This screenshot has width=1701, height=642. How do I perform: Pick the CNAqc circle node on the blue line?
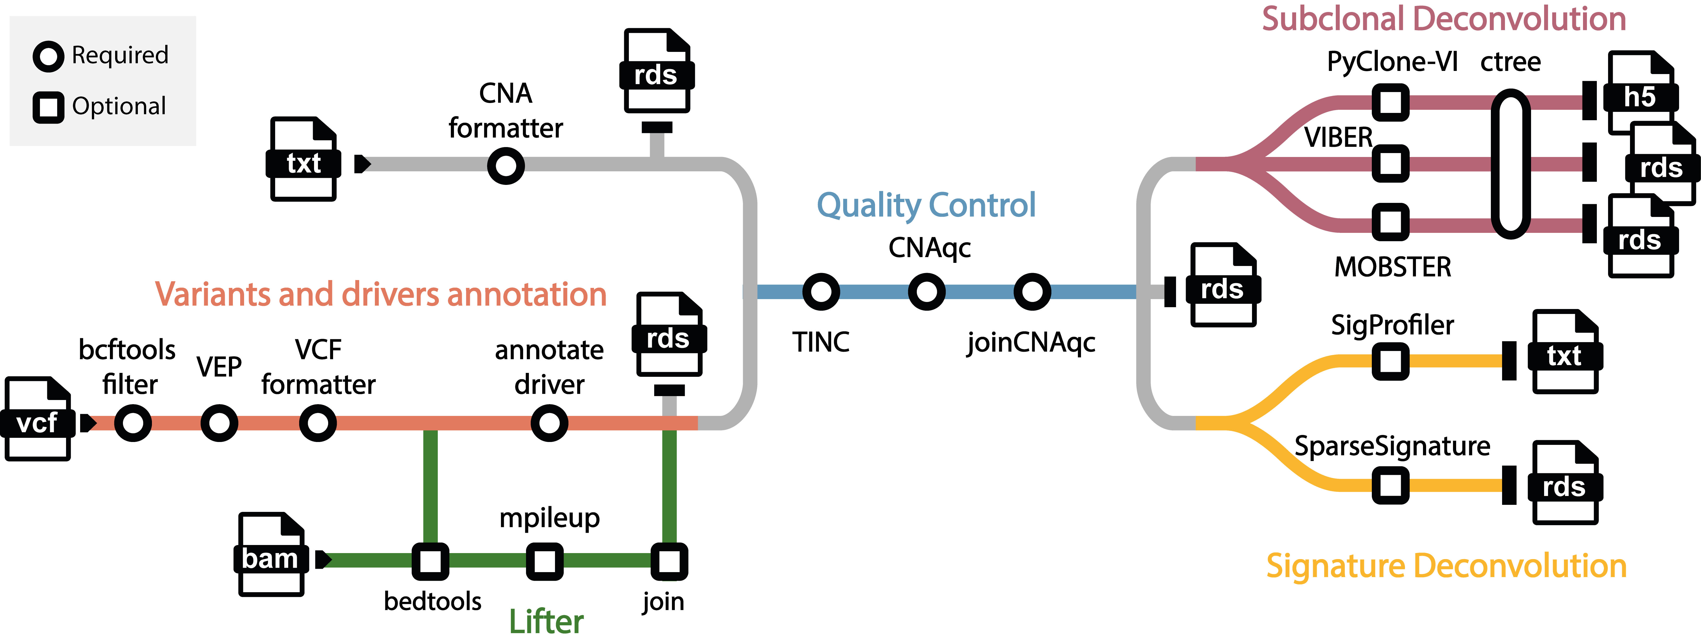tap(926, 292)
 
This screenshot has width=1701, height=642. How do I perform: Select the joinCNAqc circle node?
tap(1032, 292)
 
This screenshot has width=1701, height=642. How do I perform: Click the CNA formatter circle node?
tap(506, 166)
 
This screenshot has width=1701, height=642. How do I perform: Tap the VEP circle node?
tap(219, 423)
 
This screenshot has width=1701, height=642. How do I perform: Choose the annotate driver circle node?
tap(550, 423)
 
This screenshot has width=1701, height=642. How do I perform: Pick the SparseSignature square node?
tap(1391, 486)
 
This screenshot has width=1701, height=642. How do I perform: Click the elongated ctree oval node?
tap(1511, 164)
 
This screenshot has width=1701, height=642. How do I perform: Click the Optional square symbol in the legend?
tap(48, 107)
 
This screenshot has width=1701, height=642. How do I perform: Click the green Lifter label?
tap(546, 622)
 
